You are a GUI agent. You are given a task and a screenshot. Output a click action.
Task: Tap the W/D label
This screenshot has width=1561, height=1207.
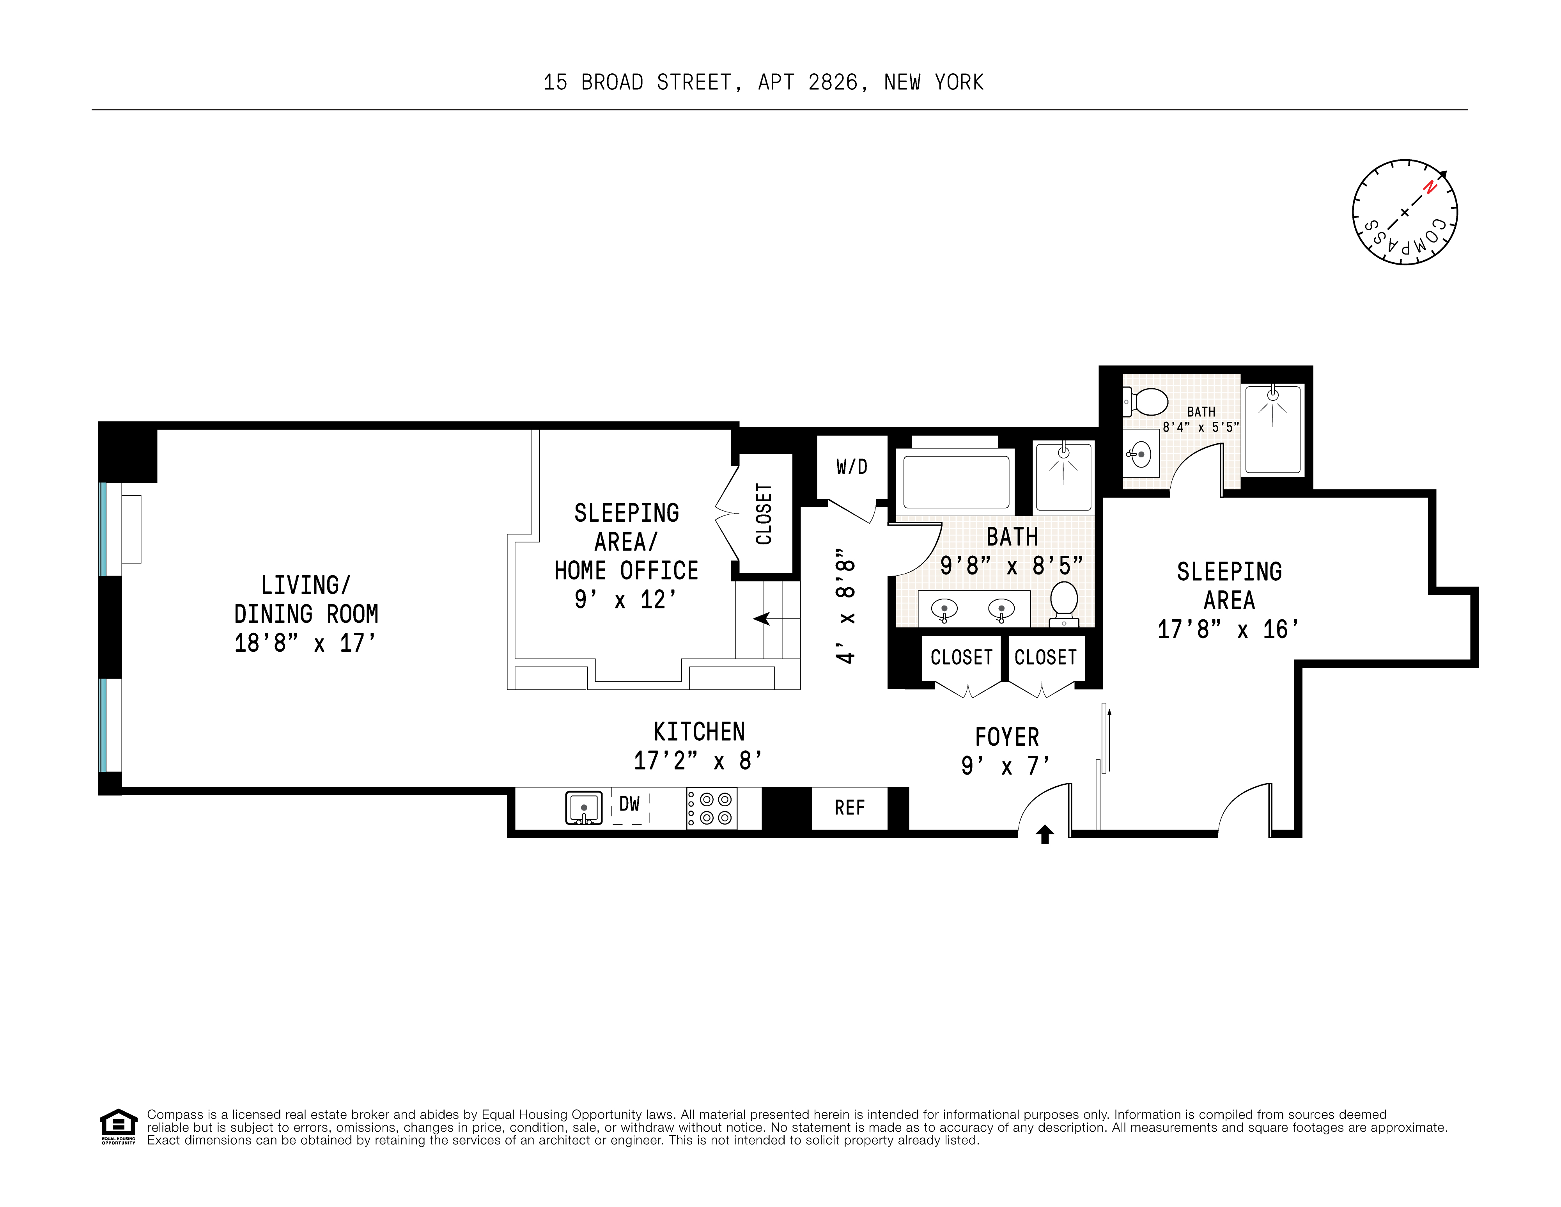coord(851,467)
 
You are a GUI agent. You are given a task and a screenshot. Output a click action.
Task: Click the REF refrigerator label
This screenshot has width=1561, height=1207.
coord(849,808)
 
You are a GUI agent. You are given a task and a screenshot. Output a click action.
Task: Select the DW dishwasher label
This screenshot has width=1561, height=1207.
coord(629,804)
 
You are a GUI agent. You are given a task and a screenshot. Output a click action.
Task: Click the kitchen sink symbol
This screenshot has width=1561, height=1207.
coord(583,809)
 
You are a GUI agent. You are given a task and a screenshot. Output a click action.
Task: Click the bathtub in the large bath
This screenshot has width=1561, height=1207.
coord(956,482)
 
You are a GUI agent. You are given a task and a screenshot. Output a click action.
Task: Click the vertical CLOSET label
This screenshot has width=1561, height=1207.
coord(764,514)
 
